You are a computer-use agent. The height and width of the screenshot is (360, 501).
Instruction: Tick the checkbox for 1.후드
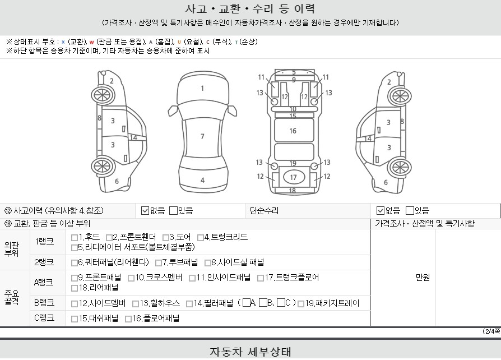[75, 238]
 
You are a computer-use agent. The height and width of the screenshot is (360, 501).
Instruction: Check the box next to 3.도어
[165, 238]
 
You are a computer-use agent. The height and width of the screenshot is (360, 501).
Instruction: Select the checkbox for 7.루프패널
[158, 263]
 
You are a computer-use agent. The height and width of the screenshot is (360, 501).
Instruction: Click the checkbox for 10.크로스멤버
[131, 278]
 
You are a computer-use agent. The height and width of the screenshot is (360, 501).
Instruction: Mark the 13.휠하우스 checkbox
[136, 304]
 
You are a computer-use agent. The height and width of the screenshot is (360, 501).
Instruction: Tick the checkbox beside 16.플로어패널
[128, 319]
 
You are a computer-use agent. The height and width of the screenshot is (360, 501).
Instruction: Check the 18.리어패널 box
[75, 288]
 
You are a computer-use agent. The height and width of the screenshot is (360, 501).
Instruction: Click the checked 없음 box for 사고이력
[145, 211]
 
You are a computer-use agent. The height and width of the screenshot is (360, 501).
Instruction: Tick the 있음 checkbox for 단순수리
[410, 211]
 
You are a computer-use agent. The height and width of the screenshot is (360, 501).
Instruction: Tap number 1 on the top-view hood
[202, 88]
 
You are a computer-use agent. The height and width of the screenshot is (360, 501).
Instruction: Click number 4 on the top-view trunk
[202, 181]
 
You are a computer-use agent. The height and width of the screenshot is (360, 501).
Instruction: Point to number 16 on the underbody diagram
[293, 131]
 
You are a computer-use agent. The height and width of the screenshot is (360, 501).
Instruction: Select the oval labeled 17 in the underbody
[293, 177]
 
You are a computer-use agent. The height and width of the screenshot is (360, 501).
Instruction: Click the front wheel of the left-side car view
[103, 95]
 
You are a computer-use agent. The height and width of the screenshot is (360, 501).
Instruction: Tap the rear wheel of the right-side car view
[400, 167]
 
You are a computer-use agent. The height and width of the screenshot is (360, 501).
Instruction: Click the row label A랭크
[44, 283]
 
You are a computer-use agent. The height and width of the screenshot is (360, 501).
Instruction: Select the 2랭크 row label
[44, 262]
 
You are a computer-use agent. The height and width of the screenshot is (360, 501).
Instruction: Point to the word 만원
[423, 278]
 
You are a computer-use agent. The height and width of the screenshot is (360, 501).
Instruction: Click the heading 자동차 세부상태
[250, 352]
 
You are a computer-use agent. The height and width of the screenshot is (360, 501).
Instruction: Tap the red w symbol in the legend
[92, 42]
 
